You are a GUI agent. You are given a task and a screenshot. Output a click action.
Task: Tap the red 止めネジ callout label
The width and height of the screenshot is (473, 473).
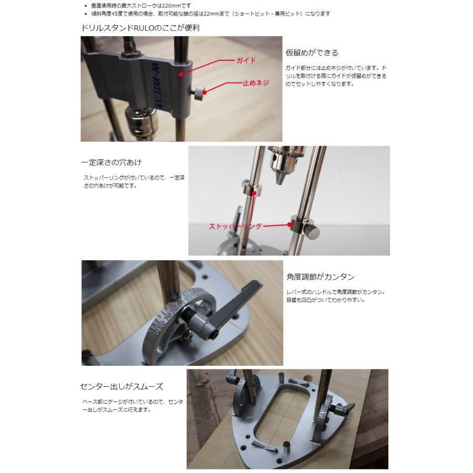click(x=255, y=83)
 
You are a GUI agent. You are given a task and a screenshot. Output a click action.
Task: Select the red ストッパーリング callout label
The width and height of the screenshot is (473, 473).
click(x=235, y=227)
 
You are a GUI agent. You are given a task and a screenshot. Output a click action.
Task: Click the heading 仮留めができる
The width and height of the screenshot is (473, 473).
click(x=312, y=53)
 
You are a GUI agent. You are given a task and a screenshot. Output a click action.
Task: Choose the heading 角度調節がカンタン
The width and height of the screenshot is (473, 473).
click(x=320, y=276)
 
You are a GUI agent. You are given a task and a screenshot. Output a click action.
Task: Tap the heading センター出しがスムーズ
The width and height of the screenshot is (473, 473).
click(x=122, y=386)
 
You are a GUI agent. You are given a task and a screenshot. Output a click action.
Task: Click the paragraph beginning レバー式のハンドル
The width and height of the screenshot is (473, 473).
click(x=335, y=296)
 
